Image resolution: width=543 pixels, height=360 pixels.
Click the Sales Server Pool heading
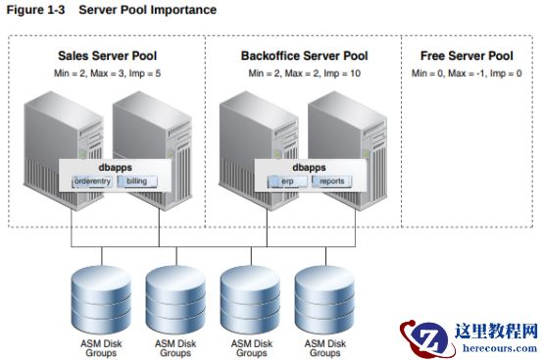(x=108, y=56)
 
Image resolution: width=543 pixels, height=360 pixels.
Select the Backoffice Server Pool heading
(x=305, y=56)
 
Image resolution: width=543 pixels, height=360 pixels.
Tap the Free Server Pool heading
(x=467, y=56)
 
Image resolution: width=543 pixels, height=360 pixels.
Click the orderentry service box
(x=92, y=181)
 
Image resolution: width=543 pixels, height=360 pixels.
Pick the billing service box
(x=137, y=181)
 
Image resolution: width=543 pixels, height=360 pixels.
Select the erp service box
(x=287, y=181)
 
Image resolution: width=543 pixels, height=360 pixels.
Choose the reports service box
(x=332, y=181)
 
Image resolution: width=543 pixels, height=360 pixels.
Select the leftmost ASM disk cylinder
(x=101, y=300)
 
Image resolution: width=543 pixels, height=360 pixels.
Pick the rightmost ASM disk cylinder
(x=324, y=300)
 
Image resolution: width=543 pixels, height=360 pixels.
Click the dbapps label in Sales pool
(x=116, y=168)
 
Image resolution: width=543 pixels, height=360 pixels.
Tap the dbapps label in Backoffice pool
(x=310, y=168)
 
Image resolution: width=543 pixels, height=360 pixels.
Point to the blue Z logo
(x=427, y=338)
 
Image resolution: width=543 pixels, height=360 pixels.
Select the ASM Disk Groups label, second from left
(x=175, y=348)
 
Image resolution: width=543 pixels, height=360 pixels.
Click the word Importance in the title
(x=183, y=10)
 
